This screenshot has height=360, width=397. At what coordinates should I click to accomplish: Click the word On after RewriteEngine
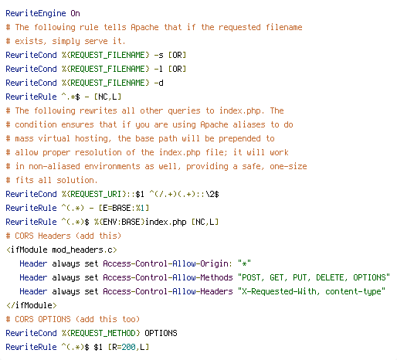[x=75, y=13]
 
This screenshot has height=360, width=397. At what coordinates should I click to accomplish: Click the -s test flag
[x=158, y=55]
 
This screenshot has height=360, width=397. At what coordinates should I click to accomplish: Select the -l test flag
[x=158, y=69]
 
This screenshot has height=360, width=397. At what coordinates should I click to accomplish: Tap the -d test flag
[x=158, y=83]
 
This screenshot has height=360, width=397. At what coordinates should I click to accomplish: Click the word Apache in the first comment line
[x=144, y=27]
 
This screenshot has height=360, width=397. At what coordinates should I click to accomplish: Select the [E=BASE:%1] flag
[x=124, y=208]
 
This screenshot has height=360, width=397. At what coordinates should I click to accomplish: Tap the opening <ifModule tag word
[x=27, y=250]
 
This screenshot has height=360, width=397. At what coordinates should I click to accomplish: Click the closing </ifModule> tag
[x=32, y=305]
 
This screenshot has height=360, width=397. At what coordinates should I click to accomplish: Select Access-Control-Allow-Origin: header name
[x=168, y=263]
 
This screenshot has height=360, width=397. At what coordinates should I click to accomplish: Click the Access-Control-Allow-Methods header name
[x=168, y=277]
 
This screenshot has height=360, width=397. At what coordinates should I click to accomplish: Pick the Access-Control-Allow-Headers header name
[x=168, y=291]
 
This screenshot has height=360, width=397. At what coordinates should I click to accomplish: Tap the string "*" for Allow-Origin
[x=244, y=263]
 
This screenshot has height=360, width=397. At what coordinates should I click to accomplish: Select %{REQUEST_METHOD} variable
[x=100, y=333]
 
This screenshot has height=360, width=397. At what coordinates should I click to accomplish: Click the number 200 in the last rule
[x=128, y=347]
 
